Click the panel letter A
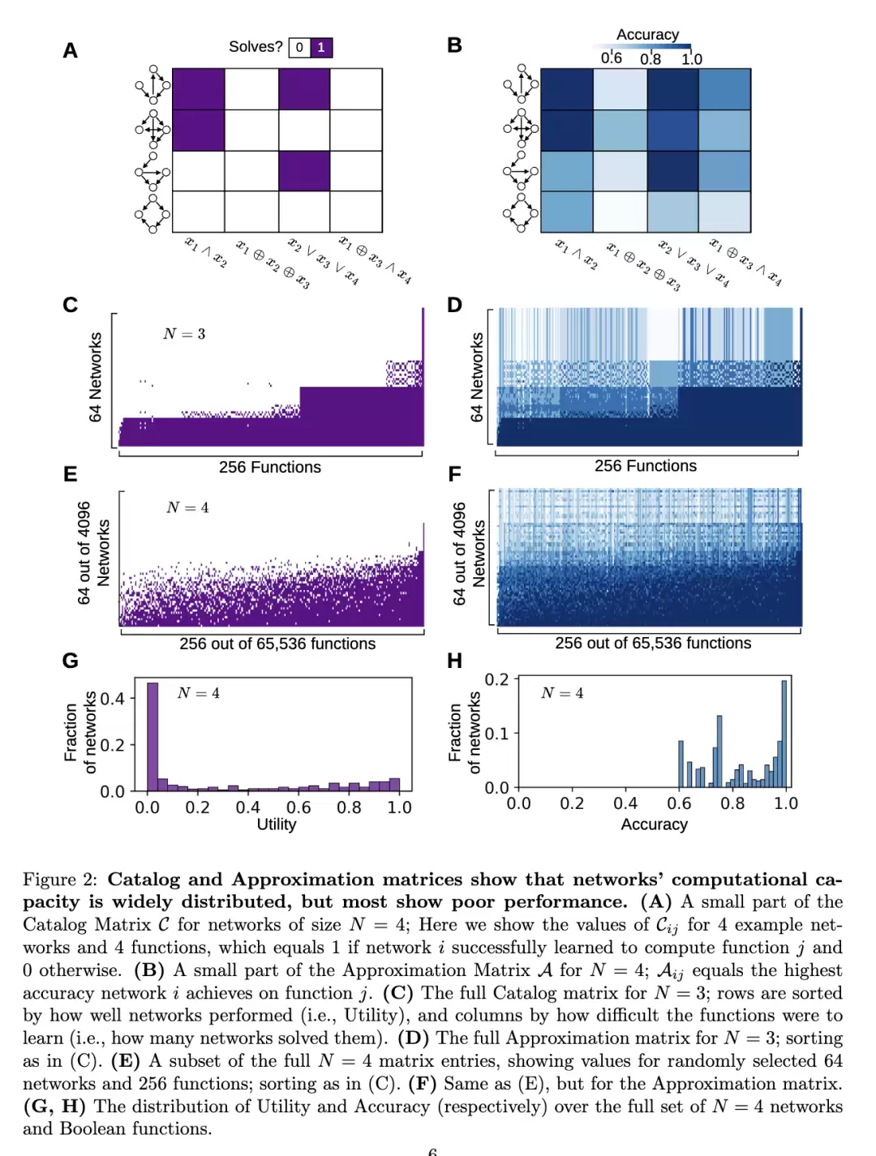point(70,51)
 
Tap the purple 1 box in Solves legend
point(321,48)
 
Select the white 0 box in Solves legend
point(300,48)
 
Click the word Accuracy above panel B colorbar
point(647,35)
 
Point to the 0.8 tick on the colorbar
point(650,59)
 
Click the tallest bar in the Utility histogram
point(152,737)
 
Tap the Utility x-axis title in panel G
point(276,824)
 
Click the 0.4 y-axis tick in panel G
point(112,699)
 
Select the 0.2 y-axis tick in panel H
point(496,679)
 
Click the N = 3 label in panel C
point(184,334)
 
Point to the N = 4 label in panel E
point(187,507)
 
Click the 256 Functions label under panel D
point(646,465)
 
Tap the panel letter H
point(454,661)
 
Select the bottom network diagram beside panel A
point(152,213)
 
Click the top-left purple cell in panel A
point(199,89)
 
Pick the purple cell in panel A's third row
point(304,171)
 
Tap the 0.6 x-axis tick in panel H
point(679,803)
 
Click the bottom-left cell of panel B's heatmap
point(567,212)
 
